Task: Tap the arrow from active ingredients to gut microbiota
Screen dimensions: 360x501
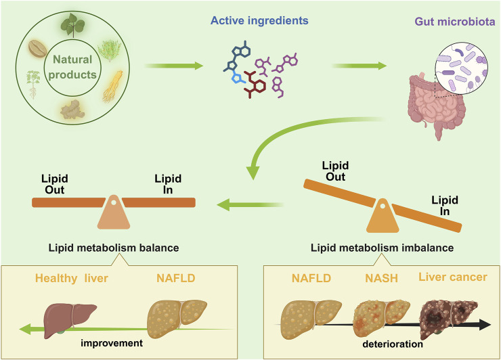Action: (359, 66)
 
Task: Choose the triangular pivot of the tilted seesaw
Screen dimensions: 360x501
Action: (382, 216)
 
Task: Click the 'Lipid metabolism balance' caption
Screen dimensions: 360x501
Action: (114, 248)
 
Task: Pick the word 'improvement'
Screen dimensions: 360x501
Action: (112, 343)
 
